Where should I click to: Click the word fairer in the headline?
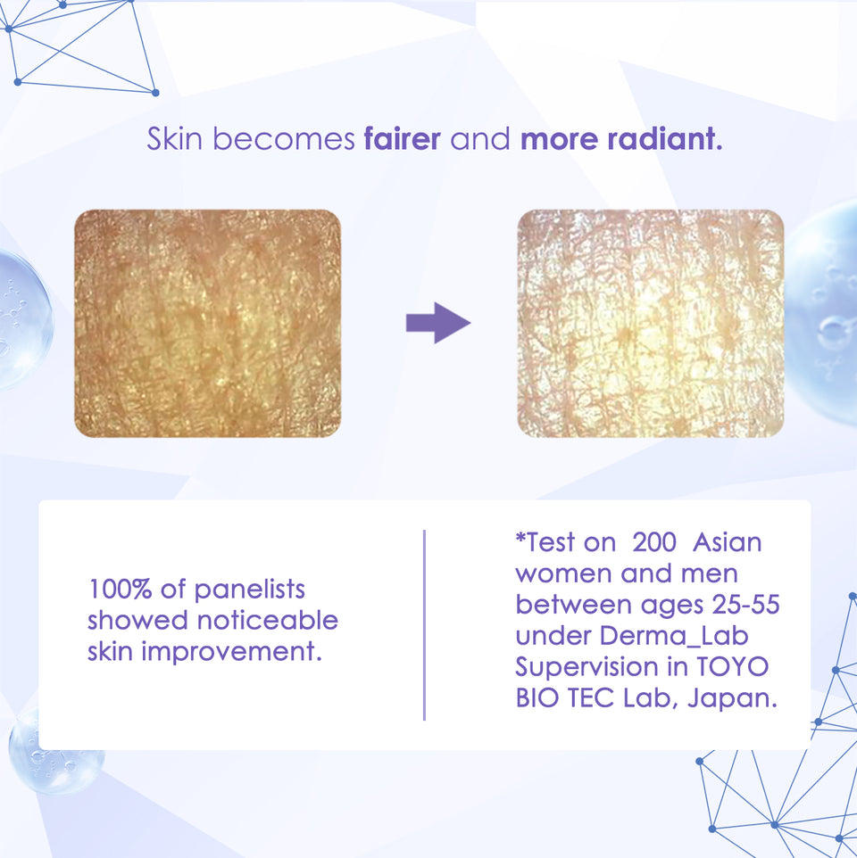click(402, 140)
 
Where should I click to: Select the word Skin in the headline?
click(175, 140)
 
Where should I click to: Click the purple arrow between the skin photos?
click(437, 323)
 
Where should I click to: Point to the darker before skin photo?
click(207, 324)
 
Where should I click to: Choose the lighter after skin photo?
click(650, 324)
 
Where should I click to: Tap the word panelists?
click(250, 590)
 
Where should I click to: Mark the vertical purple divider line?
click(424, 624)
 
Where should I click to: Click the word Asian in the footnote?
click(728, 541)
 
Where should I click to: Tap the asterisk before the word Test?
click(520, 538)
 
